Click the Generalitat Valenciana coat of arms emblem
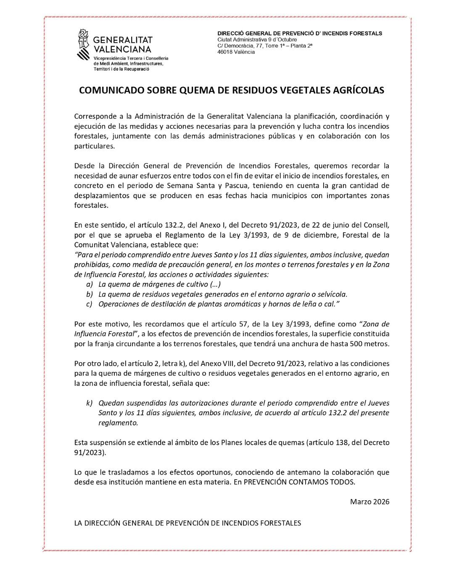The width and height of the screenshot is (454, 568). pos(84,45)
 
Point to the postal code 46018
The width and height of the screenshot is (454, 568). pos(225,52)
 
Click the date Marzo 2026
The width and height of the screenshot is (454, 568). pos(370,502)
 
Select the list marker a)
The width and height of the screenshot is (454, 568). pos(89,284)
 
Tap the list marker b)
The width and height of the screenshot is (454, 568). pos(89,294)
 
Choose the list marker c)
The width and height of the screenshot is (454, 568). pos(89,304)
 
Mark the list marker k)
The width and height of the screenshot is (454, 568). pos(89,403)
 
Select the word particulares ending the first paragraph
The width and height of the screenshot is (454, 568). pos(93,146)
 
